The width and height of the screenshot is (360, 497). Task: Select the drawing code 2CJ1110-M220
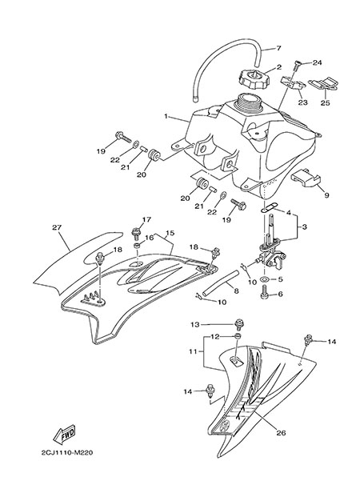pos(67,453)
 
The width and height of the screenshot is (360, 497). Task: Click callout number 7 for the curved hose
pos(278,48)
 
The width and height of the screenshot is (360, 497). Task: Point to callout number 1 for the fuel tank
pos(166,116)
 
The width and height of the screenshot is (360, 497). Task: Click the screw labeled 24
pos(298,64)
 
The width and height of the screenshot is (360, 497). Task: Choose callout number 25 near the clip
pos(326,102)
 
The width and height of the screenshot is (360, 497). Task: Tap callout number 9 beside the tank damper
pos(326,195)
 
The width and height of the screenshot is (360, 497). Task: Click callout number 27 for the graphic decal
pos(57,227)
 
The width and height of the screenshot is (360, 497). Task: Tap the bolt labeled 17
pos(136,234)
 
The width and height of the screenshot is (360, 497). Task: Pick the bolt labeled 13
pos(238,325)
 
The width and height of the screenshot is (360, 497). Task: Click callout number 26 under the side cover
pos(282,433)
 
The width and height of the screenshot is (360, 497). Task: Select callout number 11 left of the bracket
pos(193,351)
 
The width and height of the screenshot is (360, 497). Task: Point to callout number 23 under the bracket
pos(303,102)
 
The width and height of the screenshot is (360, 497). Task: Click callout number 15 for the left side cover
pos(170,233)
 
